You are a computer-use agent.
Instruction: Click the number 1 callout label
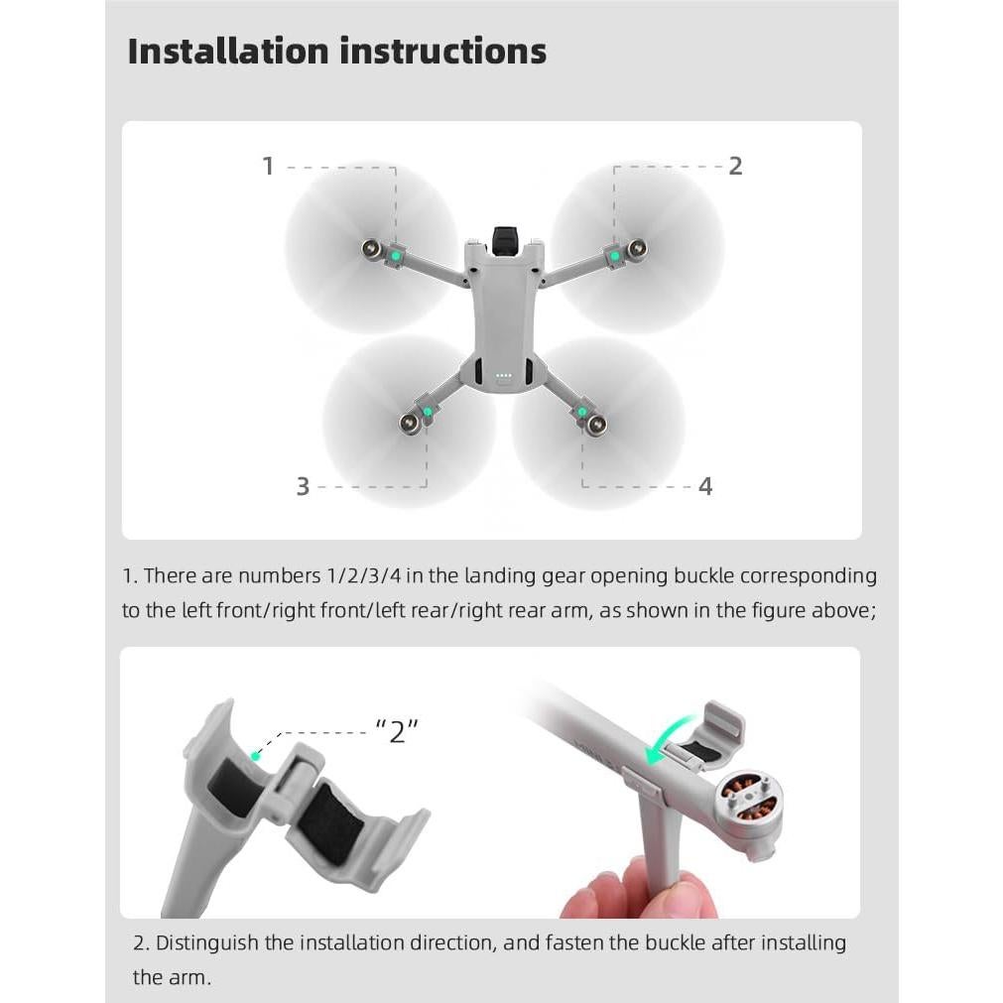point(267,166)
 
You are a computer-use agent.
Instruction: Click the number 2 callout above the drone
point(735,166)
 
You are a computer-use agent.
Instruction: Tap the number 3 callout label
point(303,486)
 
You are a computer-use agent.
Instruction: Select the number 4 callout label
point(705,486)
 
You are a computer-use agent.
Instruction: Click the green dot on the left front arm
point(396,256)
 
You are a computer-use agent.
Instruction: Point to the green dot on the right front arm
point(615,256)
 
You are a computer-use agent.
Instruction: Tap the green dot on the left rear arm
point(427,411)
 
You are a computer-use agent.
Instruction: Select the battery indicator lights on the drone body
point(503,376)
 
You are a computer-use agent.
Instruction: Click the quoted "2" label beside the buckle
point(397,733)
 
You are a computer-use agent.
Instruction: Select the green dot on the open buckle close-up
point(255,755)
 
